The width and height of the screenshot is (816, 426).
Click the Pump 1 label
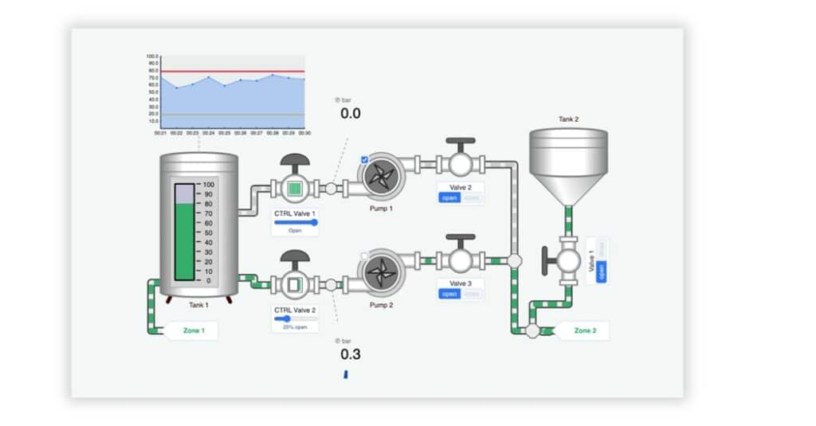(x=380, y=208)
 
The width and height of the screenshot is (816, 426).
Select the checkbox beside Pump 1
(x=364, y=160)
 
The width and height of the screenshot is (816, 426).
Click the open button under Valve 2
(x=449, y=197)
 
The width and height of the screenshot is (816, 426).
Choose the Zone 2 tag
(x=584, y=330)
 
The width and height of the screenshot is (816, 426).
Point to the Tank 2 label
(x=568, y=119)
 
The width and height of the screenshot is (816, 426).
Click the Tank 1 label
(x=198, y=305)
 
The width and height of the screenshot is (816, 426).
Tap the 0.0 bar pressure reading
(x=351, y=114)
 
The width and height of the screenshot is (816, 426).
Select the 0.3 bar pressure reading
(x=351, y=354)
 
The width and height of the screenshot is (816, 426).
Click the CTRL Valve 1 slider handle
(x=314, y=223)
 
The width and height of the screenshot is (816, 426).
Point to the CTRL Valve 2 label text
(x=295, y=310)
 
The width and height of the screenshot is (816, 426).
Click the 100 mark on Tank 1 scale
(x=209, y=183)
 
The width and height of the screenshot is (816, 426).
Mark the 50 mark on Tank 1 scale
(x=209, y=233)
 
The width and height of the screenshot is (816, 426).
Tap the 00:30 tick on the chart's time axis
(x=304, y=133)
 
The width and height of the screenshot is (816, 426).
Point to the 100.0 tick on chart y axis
(x=152, y=57)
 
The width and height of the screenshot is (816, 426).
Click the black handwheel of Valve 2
(x=461, y=141)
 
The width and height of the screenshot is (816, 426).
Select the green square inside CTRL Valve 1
(x=295, y=189)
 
